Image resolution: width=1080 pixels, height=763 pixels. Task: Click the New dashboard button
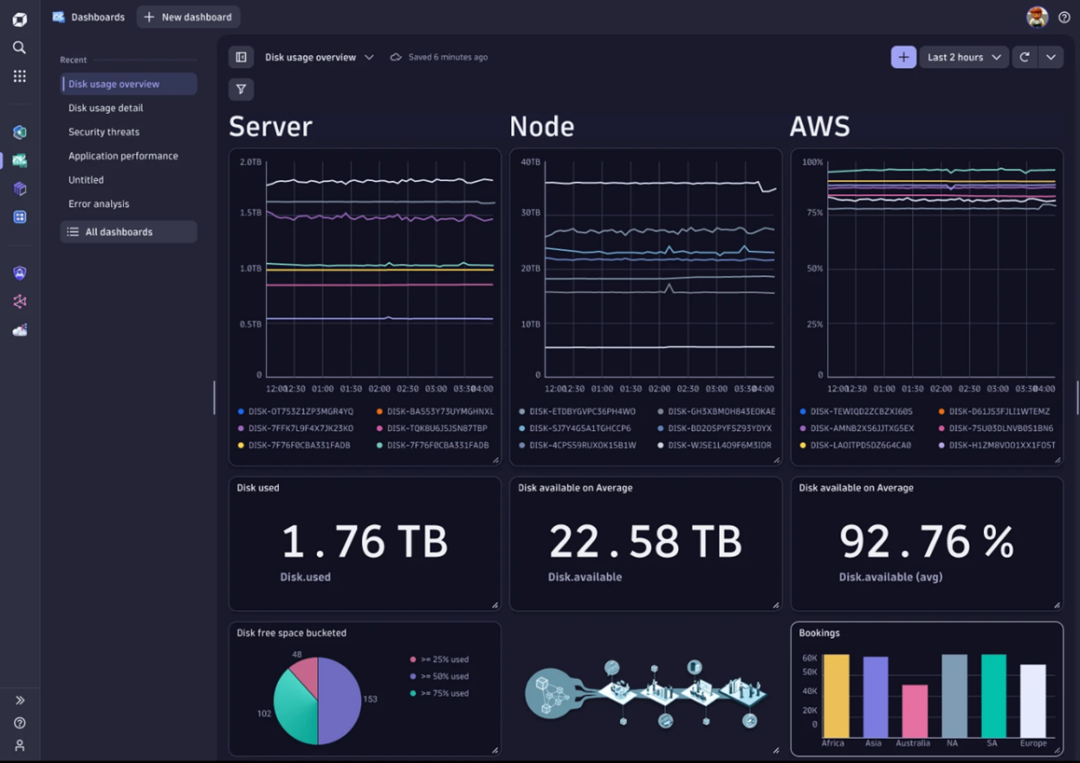[x=187, y=17]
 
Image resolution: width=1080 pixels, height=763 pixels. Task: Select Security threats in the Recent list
[x=104, y=132]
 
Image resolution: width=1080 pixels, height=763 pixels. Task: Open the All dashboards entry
[x=118, y=231]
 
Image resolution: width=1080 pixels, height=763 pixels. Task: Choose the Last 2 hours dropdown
[x=963, y=57]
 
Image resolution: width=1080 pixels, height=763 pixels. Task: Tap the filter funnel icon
[x=241, y=90]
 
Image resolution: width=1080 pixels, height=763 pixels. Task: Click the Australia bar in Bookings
[x=914, y=711]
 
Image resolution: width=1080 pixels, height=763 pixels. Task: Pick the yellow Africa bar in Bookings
[x=836, y=696]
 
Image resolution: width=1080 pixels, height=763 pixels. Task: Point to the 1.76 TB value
[x=364, y=542]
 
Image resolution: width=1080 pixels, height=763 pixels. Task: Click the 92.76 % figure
[x=925, y=542]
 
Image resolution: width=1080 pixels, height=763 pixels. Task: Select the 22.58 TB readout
[x=644, y=542]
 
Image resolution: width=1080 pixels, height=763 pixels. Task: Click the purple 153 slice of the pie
[x=340, y=700]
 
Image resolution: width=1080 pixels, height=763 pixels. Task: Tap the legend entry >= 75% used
[x=444, y=693]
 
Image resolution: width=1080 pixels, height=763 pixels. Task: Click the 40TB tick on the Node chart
[x=531, y=162]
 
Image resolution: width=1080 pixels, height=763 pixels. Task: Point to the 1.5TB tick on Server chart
[x=250, y=213]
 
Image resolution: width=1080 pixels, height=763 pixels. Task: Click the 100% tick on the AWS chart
[x=812, y=162]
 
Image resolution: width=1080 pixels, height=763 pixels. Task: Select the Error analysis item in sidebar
[x=99, y=203]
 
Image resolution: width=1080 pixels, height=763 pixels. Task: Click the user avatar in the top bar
[x=1036, y=17]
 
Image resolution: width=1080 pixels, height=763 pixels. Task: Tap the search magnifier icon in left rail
[x=20, y=47]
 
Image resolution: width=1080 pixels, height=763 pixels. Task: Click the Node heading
[x=542, y=126]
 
